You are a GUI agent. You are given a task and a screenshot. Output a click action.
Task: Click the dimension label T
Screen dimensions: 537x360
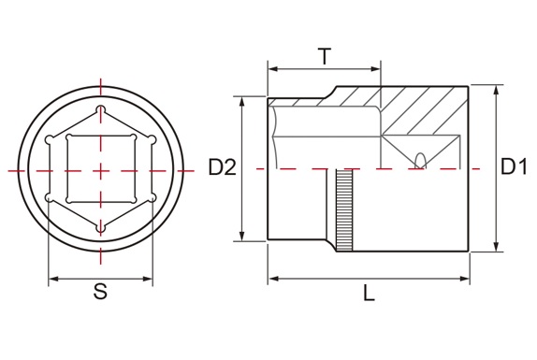click(325, 56)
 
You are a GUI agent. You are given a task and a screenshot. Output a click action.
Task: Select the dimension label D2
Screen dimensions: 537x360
click(223, 167)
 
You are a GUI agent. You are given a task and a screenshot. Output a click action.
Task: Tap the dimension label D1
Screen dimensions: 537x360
click(514, 166)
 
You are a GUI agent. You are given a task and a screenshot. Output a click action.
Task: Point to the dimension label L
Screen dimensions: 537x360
click(369, 294)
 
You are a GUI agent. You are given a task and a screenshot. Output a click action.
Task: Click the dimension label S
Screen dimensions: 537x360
click(100, 292)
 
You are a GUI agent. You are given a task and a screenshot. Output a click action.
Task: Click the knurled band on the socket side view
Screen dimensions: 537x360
click(344, 210)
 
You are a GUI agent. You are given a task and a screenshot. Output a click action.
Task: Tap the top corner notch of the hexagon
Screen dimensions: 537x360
click(100, 108)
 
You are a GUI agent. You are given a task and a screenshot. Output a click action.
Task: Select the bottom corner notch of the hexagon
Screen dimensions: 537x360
click(100, 228)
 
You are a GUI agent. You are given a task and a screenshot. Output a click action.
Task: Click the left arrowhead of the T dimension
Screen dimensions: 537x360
click(273, 69)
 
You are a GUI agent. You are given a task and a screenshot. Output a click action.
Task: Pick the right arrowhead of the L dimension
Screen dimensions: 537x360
click(465, 279)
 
